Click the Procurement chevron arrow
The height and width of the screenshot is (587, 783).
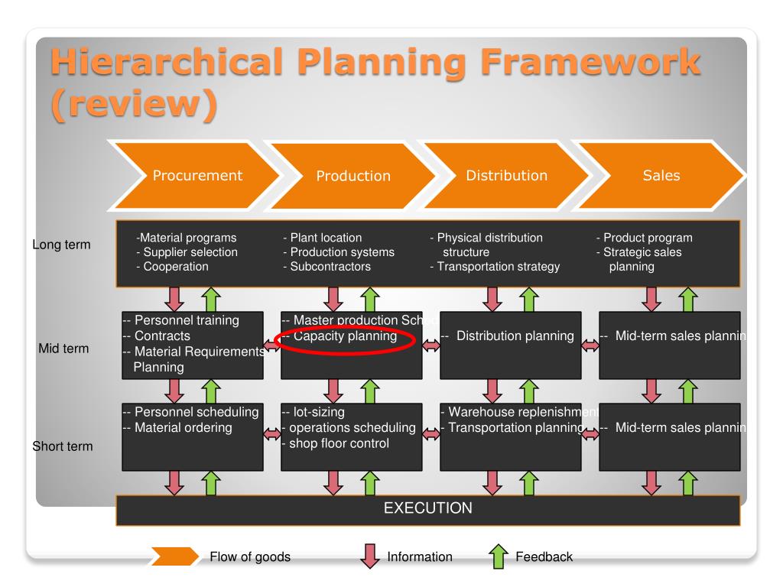[x=197, y=175]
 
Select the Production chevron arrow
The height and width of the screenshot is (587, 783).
[x=353, y=176]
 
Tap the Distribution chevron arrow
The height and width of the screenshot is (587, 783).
[x=506, y=175]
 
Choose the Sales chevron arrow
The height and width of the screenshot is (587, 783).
[x=661, y=175]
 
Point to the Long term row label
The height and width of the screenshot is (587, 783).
[x=60, y=245]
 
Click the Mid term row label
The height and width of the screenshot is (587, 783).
[x=63, y=349]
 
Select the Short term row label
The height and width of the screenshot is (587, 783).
[x=63, y=446]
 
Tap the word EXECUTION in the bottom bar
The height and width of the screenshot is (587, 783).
[x=427, y=508]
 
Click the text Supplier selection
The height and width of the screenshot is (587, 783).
[x=187, y=252]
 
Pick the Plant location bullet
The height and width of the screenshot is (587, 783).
[x=322, y=238]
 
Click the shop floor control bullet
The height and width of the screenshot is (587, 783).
[x=336, y=443]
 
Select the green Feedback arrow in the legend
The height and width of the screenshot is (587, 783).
[x=498, y=556]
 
